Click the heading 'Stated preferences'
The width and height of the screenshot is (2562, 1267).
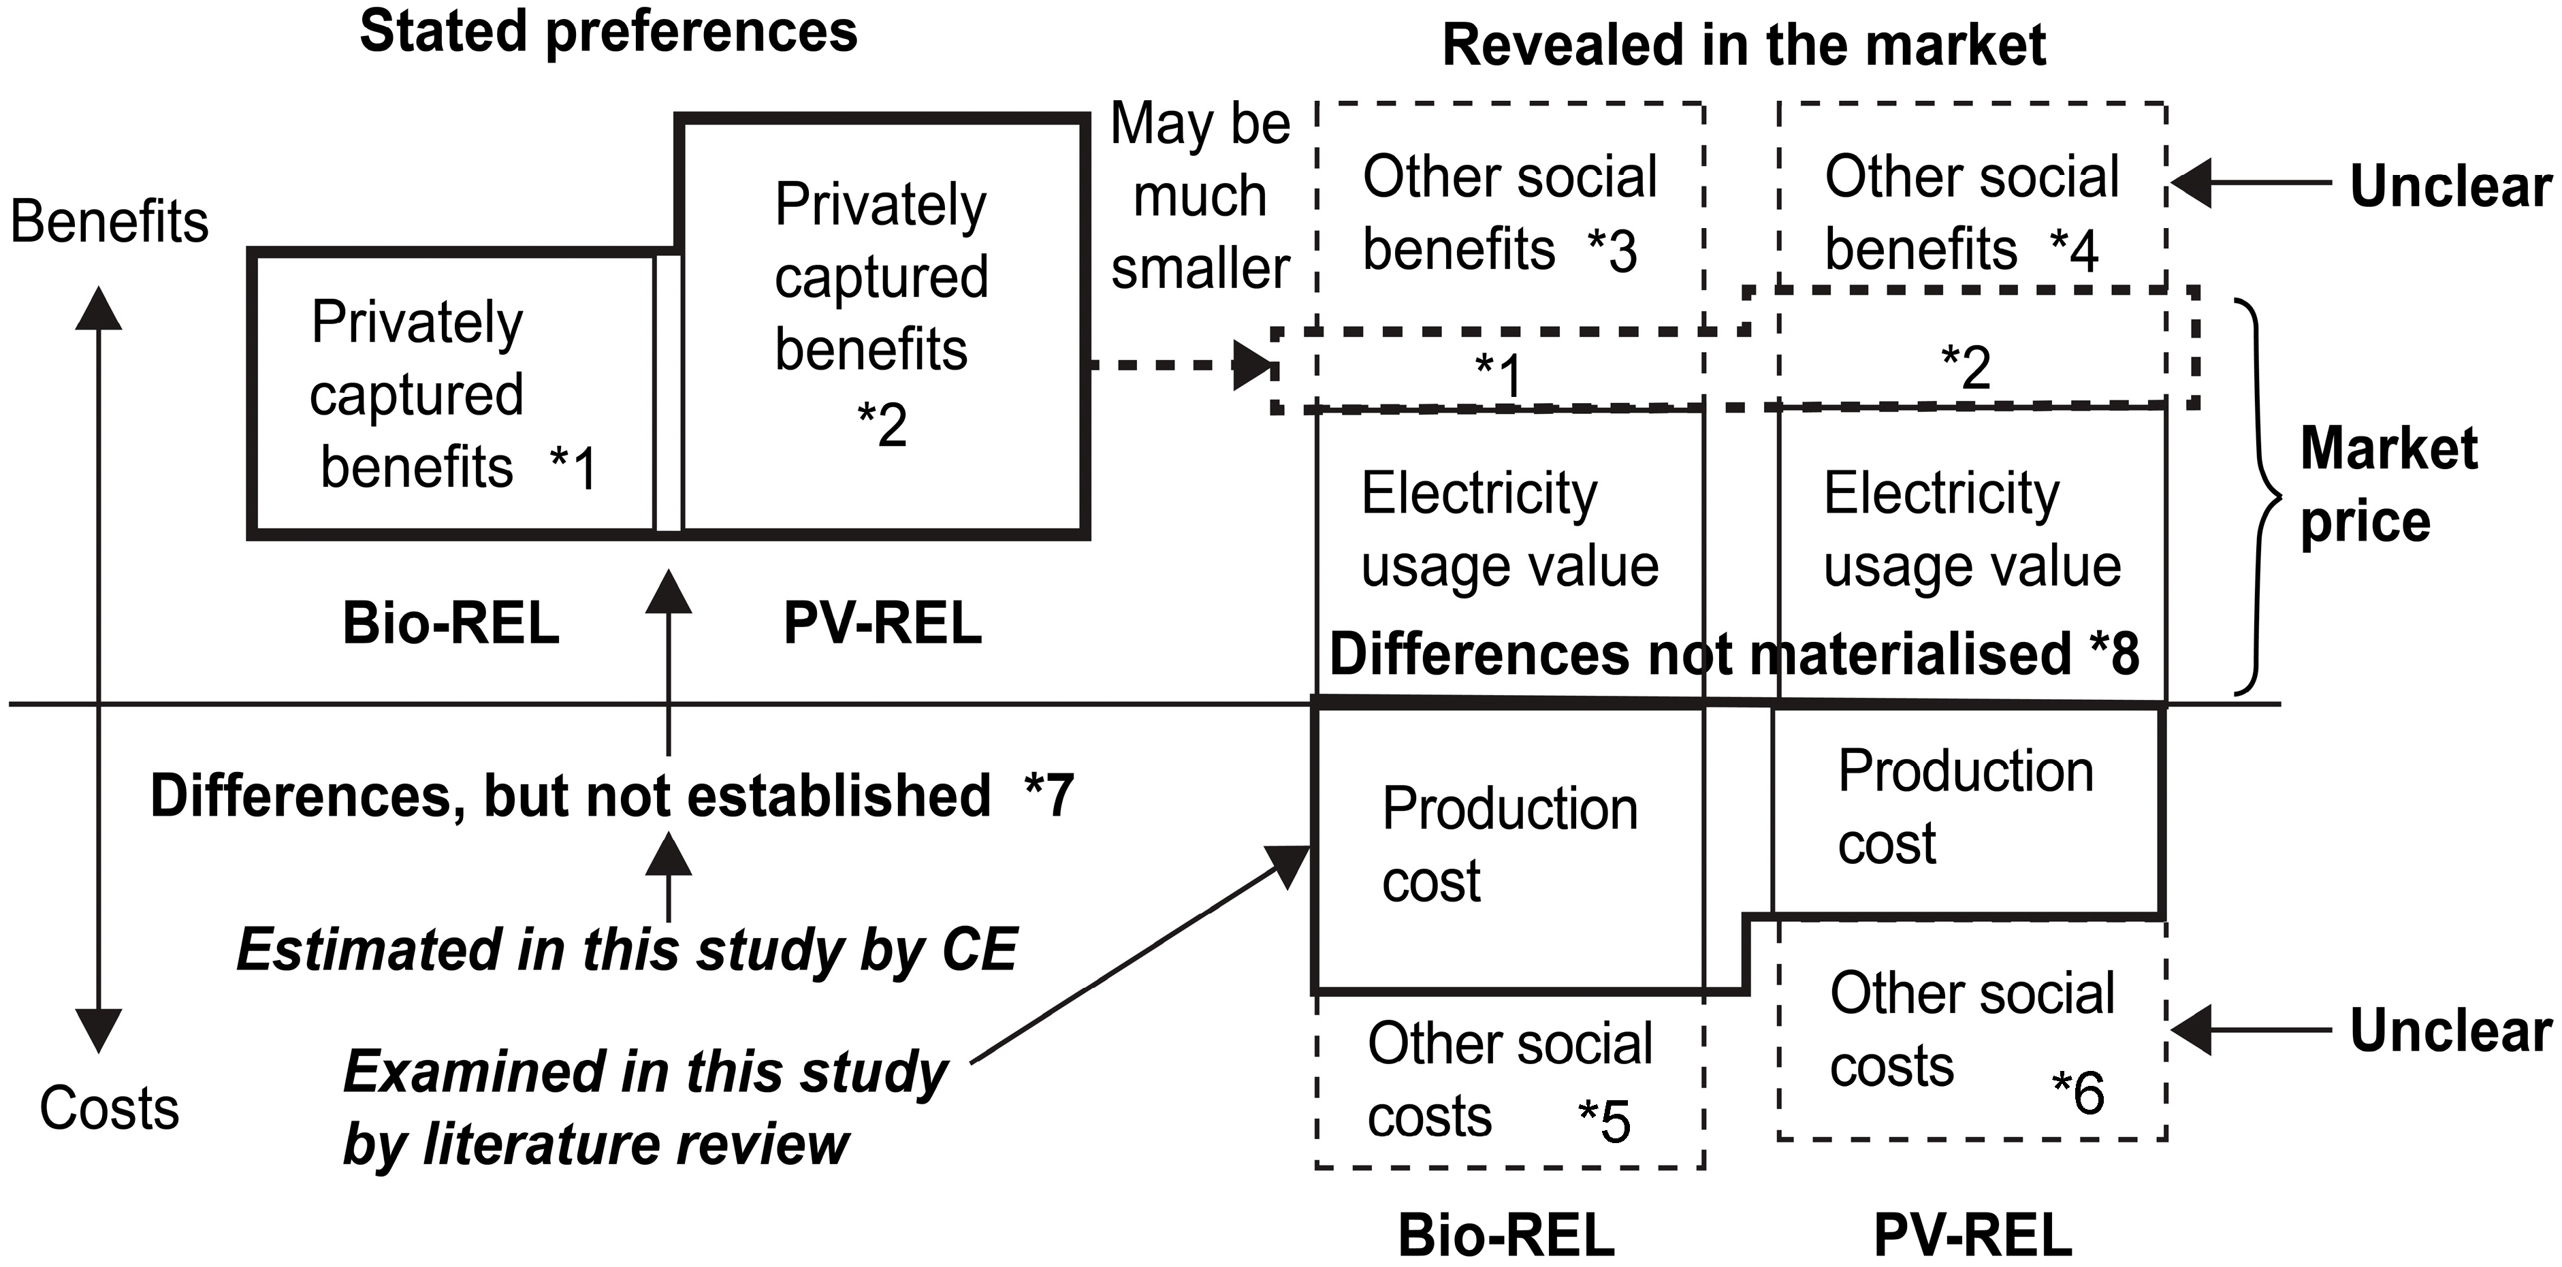[608, 32]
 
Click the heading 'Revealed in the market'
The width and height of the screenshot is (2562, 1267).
[1744, 46]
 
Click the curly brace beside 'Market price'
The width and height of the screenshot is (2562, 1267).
[2260, 497]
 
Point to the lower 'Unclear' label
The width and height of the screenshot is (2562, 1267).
[2450, 1031]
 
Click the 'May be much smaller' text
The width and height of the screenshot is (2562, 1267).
[1200, 197]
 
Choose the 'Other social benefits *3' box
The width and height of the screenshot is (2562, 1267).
[1509, 213]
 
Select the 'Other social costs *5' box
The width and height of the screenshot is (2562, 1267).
[1509, 1082]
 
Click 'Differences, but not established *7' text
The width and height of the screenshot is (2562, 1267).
[611, 796]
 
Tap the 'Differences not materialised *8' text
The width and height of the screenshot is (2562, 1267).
[1733, 654]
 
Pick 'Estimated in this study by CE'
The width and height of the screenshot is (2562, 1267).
[626, 950]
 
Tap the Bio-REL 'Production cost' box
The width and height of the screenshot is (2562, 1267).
[1509, 846]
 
